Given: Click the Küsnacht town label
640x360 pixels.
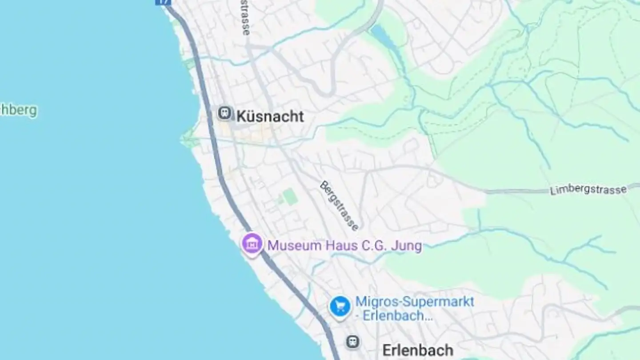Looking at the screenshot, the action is pyautogui.click(x=270, y=116).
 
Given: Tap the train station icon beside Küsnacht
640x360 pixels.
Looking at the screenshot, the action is pyautogui.click(x=225, y=113).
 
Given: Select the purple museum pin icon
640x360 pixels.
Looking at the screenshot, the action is pyautogui.click(x=252, y=244).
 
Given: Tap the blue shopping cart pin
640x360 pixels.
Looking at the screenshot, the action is pyautogui.click(x=340, y=307).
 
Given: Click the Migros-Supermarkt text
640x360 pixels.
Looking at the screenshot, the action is pyautogui.click(x=415, y=302).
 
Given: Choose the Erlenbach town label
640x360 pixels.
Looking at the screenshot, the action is pyautogui.click(x=418, y=350).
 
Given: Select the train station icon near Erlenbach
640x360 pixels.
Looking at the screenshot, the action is pyautogui.click(x=353, y=342).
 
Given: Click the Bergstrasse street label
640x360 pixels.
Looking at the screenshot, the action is pyautogui.click(x=339, y=206).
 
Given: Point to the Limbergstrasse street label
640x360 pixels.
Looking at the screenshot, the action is pyautogui.click(x=588, y=190).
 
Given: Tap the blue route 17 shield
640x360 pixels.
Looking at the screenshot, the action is pyautogui.click(x=163, y=2).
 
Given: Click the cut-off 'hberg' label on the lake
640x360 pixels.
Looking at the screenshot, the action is pyautogui.click(x=18, y=110).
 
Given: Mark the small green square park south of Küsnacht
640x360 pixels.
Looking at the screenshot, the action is pyautogui.click(x=290, y=196).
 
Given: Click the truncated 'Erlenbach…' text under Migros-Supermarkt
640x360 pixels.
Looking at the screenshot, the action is pyautogui.click(x=397, y=316).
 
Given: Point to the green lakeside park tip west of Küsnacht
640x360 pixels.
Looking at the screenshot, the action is pyautogui.click(x=188, y=138).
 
